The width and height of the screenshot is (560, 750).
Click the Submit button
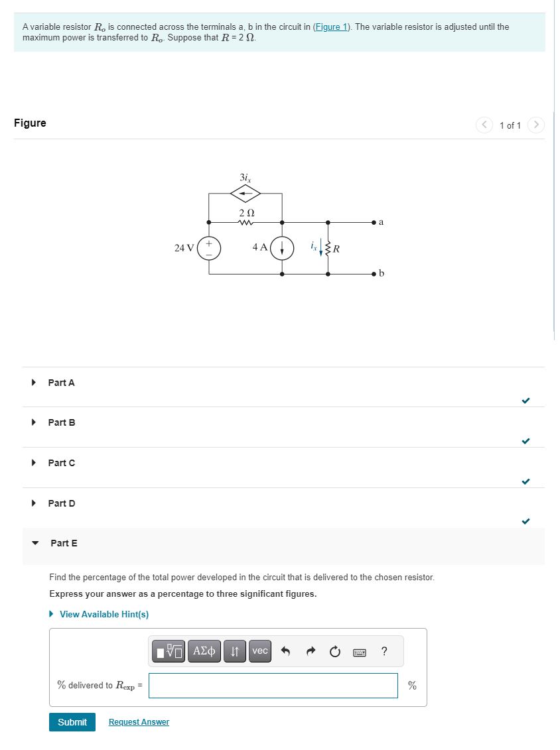(x=72, y=722)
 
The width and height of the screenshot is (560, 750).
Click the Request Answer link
(x=139, y=722)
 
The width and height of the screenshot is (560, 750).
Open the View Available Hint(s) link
(x=104, y=614)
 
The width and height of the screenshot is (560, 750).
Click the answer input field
(x=273, y=685)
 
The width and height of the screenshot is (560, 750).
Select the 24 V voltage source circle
(x=209, y=247)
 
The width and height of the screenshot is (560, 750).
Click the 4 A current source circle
(x=282, y=247)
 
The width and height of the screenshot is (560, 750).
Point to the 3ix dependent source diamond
(x=245, y=194)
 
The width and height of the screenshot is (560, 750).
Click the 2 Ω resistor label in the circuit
(x=246, y=212)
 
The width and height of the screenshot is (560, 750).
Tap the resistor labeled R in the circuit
(x=328, y=249)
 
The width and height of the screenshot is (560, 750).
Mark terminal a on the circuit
(x=375, y=222)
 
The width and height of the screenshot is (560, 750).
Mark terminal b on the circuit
(x=375, y=273)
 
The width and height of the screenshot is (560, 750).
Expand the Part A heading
(x=61, y=383)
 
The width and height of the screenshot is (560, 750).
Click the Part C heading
(x=61, y=463)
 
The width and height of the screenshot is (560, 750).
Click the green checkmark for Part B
(x=525, y=441)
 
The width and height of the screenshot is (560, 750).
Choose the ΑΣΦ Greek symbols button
(x=203, y=651)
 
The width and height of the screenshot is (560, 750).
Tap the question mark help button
(x=384, y=651)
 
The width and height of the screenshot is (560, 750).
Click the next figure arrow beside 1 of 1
(x=536, y=125)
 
